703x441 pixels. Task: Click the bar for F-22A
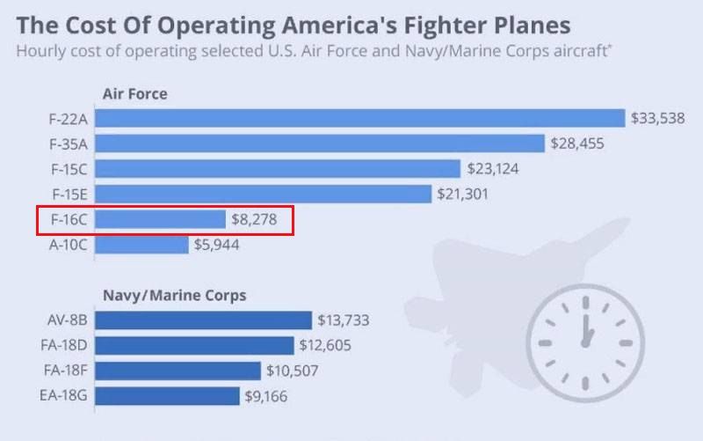click(x=359, y=118)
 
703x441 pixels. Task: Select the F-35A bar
click(x=320, y=143)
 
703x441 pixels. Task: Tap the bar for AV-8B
click(x=203, y=320)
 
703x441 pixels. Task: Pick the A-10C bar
click(x=141, y=245)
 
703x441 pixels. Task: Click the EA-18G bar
click(x=167, y=396)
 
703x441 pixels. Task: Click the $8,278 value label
click(x=254, y=219)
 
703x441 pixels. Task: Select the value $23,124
click(x=493, y=168)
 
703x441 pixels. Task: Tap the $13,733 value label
click(x=344, y=320)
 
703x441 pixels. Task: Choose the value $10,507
click(x=293, y=371)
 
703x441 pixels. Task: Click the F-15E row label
click(x=69, y=194)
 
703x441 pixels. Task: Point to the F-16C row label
click(x=69, y=219)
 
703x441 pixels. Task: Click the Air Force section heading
click(x=134, y=94)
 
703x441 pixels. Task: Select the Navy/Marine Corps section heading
click(x=174, y=296)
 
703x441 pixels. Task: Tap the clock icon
click(x=585, y=337)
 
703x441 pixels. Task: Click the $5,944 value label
click(x=216, y=245)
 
